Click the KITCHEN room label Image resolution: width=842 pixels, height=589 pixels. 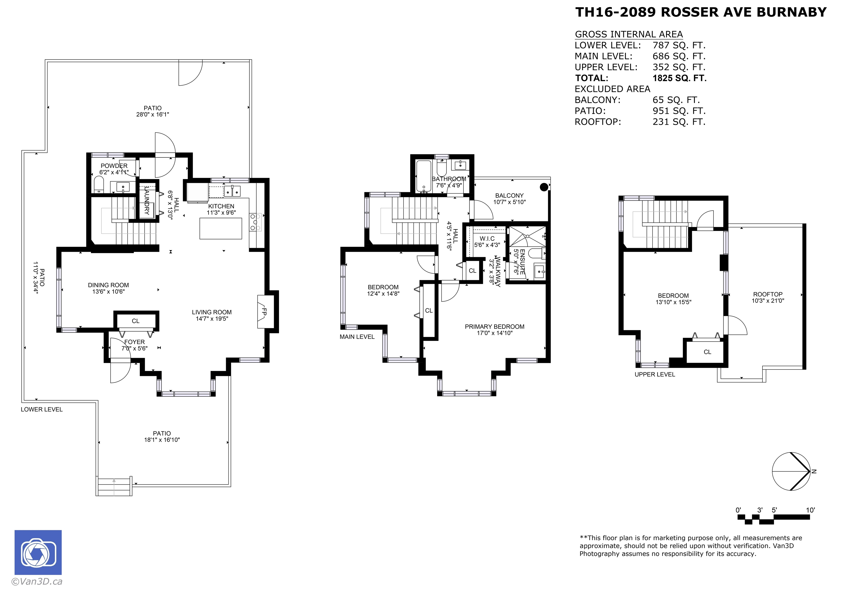221,206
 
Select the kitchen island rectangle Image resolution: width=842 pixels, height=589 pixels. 221,228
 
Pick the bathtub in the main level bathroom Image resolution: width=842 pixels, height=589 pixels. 424,177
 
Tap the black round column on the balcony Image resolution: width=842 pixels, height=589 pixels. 544,187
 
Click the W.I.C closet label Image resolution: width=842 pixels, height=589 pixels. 487,239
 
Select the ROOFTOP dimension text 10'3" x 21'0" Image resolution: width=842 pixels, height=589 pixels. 768,301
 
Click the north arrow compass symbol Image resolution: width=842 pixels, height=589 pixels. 791,472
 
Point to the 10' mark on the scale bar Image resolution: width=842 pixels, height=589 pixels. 810,510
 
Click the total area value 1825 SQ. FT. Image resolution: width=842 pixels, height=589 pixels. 679,78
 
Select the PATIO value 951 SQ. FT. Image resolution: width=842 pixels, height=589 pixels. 679,111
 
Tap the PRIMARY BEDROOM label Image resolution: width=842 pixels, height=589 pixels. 494,327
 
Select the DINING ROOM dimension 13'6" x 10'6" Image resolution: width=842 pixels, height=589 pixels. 109,292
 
